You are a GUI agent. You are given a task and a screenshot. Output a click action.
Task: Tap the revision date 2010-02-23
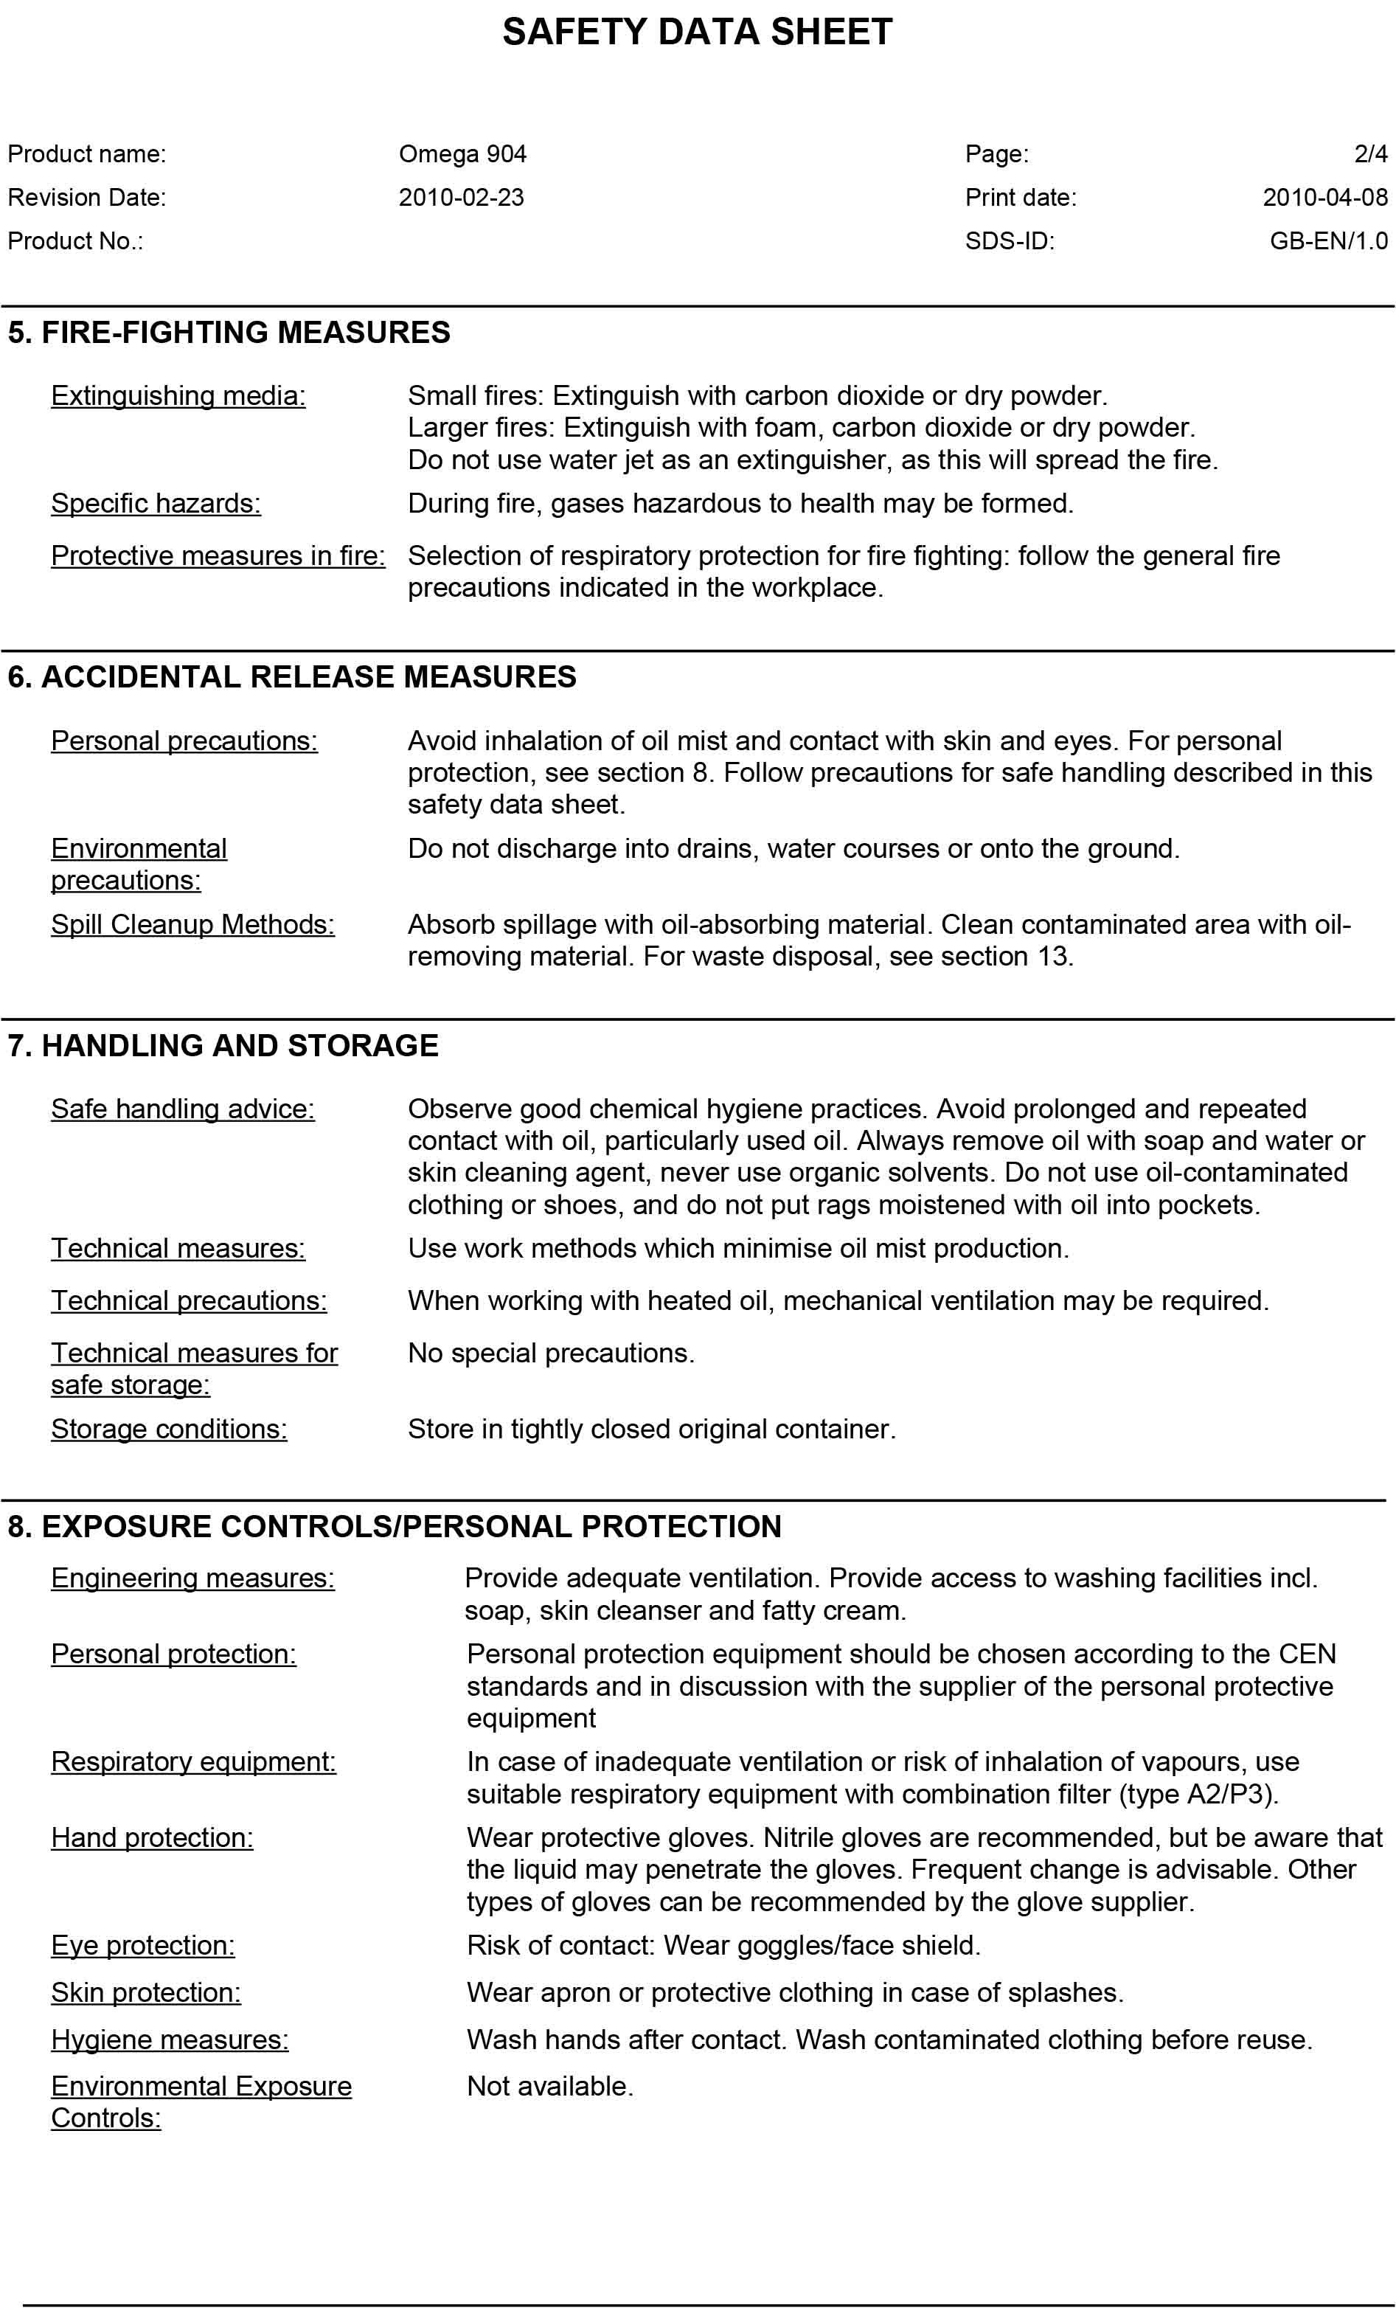coord(461,198)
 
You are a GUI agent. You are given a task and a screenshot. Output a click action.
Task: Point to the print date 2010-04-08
coord(1324,198)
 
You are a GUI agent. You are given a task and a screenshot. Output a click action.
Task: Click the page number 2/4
coord(1371,154)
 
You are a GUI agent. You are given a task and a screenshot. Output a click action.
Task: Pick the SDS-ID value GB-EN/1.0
coord(1328,241)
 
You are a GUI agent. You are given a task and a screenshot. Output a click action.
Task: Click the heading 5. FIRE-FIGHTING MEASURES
coord(229,332)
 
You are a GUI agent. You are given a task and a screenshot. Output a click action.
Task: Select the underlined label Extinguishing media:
coord(178,396)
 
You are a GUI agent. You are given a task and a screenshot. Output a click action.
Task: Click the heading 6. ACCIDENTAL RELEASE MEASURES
coord(291,676)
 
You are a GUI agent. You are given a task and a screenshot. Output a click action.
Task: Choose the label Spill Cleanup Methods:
coord(192,924)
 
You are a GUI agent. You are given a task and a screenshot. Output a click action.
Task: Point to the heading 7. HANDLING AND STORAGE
coord(223,1045)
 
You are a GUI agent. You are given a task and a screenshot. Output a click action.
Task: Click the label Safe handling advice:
coord(182,1109)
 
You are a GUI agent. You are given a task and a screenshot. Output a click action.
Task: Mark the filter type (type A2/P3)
coord(1198,1793)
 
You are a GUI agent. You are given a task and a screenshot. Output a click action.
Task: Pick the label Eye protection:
coord(143,1945)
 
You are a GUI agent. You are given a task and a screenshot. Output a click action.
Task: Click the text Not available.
coord(550,2086)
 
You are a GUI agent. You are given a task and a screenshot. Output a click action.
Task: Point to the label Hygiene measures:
coord(170,2039)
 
